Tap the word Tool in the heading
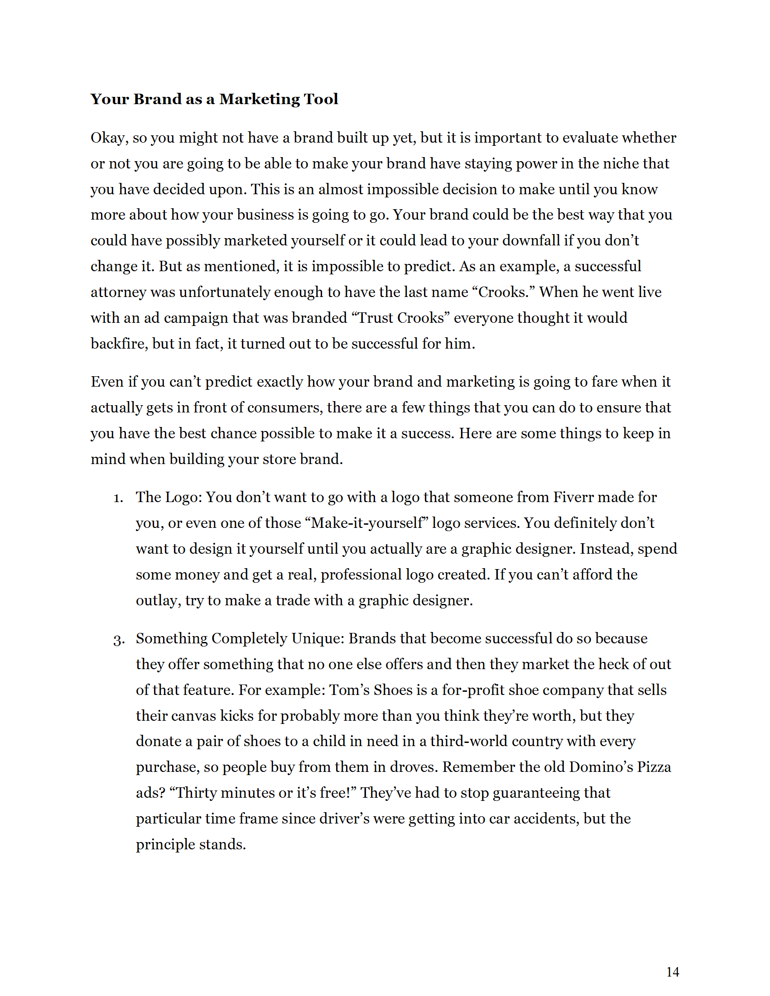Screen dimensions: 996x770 click(x=322, y=99)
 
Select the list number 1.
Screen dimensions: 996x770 click(x=118, y=498)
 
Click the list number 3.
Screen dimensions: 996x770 click(x=119, y=639)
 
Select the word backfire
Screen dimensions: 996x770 click(x=119, y=344)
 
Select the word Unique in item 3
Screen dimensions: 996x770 click(x=317, y=638)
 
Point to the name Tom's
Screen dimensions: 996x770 click(x=349, y=690)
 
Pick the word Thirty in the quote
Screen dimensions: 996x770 click(x=196, y=793)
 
